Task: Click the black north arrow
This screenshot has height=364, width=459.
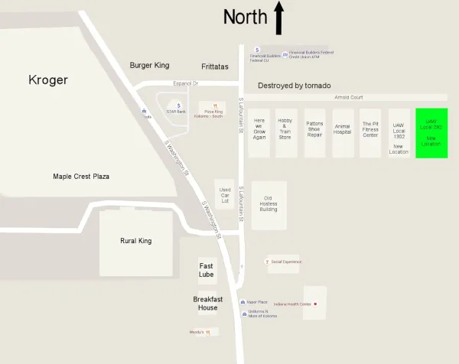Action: pyautogui.click(x=278, y=18)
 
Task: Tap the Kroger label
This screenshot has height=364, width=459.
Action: pyautogui.click(x=48, y=80)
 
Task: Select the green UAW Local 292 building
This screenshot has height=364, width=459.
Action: pyautogui.click(x=431, y=133)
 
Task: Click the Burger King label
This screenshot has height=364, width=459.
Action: pyautogui.click(x=149, y=66)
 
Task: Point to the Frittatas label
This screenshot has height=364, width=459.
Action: pyautogui.click(x=215, y=67)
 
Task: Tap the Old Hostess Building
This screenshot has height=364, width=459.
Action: pyautogui.click(x=269, y=205)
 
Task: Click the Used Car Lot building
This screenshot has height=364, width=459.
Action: pyautogui.click(x=224, y=195)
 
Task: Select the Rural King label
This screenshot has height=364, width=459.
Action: pyautogui.click(x=135, y=241)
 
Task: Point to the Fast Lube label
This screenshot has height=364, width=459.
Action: pyautogui.click(x=207, y=269)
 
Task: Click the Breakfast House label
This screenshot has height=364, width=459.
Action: pyautogui.click(x=207, y=303)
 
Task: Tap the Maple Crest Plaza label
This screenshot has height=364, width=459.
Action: pyautogui.click(x=81, y=177)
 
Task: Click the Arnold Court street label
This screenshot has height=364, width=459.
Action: pyautogui.click(x=348, y=98)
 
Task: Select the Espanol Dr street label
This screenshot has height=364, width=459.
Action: pyautogui.click(x=185, y=83)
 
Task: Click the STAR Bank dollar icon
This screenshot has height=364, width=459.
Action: pyautogui.click(x=178, y=106)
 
